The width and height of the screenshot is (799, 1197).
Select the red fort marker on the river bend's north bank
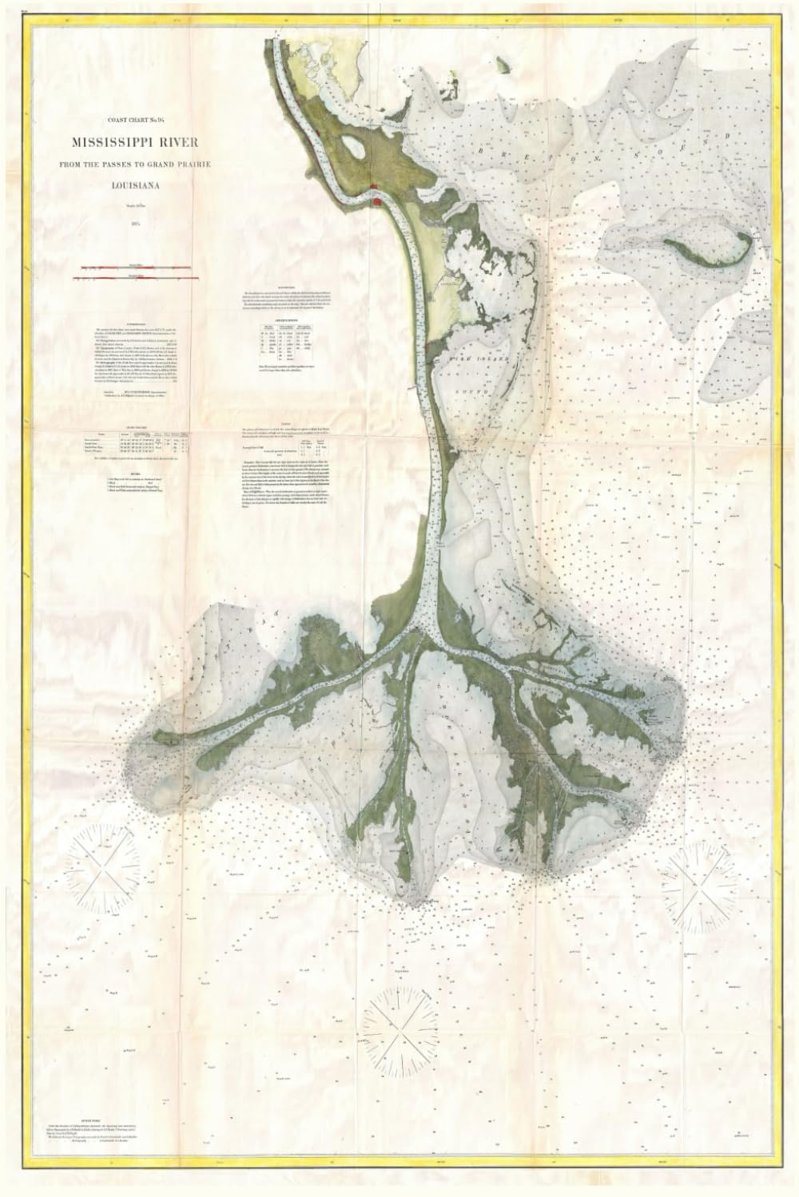tap(375, 188)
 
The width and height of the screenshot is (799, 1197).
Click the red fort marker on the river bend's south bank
tap(376, 204)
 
